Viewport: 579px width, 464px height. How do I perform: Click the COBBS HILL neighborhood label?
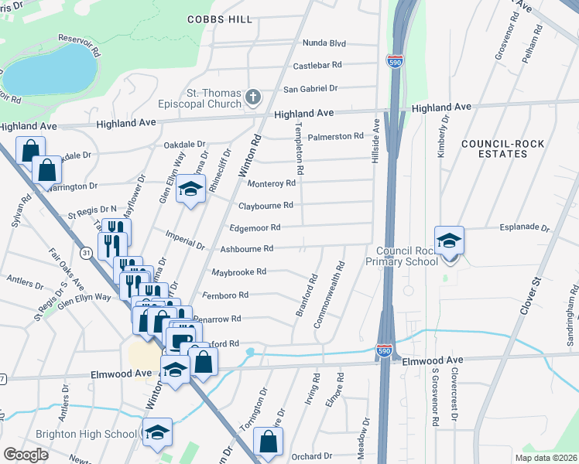(x=219, y=19)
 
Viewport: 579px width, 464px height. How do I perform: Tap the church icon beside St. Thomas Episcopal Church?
(x=252, y=97)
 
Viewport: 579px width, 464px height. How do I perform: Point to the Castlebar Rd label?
(x=317, y=66)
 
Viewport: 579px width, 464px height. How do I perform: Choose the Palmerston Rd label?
(x=335, y=136)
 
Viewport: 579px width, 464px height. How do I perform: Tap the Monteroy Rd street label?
(x=271, y=183)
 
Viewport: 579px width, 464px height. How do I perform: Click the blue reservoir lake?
(x=47, y=69)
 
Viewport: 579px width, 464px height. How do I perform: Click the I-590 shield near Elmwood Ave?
(x=385, y=350)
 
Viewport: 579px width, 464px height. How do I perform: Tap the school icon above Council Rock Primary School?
(x=448, y=241)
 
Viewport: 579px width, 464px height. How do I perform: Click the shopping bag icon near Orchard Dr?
(x=268, y=442)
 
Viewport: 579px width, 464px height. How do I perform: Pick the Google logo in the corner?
(x=26, y=454)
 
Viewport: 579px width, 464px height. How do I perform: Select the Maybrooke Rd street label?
(x=238, y=271)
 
